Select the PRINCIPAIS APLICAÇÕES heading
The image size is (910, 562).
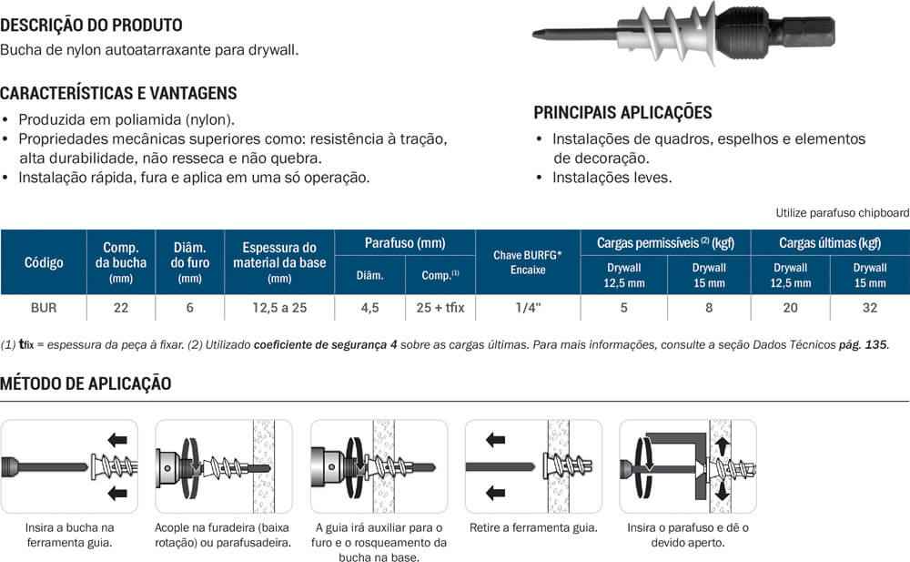(x=622, y=113)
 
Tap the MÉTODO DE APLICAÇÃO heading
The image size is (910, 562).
(x=86, y=383)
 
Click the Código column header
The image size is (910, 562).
(x=44, y=262)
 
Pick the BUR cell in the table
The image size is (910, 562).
(x=44, y=308)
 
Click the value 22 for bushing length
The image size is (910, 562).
(x=121, y=308)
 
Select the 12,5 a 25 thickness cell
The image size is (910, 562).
(x=279, y=308)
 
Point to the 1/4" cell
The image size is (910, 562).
(x=527, y=308)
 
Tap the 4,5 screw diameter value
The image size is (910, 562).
(x=369, y=308)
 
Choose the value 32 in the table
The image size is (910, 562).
(x=870, y=308)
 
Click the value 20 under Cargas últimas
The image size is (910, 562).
(x=790, y=308)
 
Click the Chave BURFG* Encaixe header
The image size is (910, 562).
(x=527, y=262)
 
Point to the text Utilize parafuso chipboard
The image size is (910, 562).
(x=842, y=213)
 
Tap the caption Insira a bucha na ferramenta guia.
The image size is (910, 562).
(x=69, y=535)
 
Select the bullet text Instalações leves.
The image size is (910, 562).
(x=612, y=178)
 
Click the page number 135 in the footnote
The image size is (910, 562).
(x=875, y=345)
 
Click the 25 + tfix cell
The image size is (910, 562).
(x=440, y=308)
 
